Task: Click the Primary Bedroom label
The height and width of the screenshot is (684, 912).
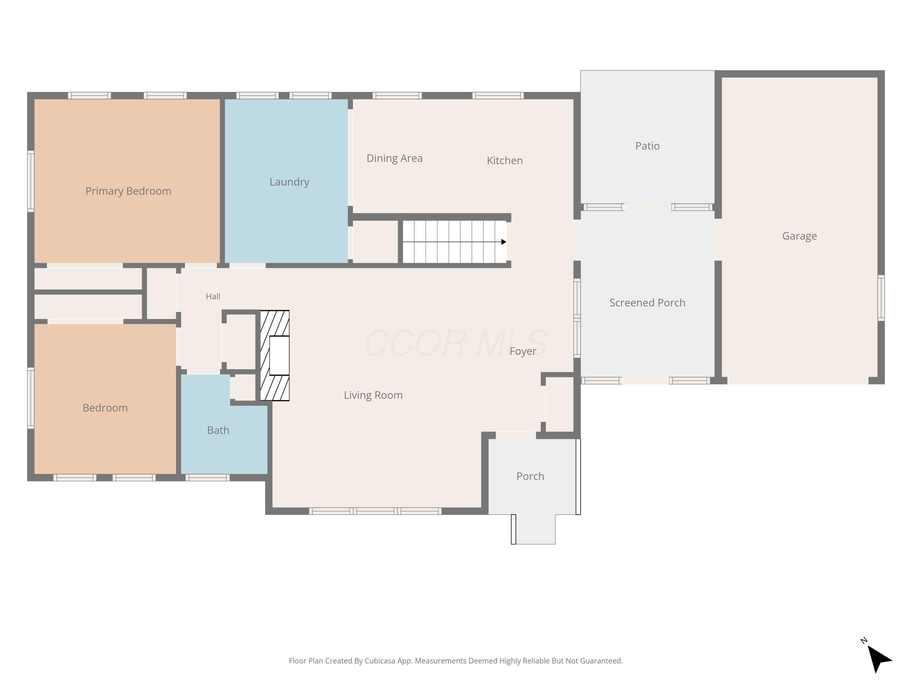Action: tap(128, 191)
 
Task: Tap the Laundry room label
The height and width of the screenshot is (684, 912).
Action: tap(289, 182)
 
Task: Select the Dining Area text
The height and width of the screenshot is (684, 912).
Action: tap(395, 158)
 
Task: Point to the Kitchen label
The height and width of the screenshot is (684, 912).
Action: tap(505, 161)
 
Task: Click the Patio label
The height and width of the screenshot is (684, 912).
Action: tap(647, 146)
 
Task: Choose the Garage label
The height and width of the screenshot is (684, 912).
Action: tap(800, 236)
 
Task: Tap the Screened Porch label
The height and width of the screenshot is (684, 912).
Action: tap(647, 302)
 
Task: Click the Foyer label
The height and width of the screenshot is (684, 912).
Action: tap(523, 351)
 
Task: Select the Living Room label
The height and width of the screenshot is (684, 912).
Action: tap(373, 395)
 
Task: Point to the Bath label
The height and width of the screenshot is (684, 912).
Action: tap(218, 430)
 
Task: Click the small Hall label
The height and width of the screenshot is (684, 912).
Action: tap(213, 296)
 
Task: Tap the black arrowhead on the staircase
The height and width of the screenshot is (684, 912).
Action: tap(503, 242)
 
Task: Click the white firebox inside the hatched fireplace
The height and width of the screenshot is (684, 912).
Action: tap(279, 355)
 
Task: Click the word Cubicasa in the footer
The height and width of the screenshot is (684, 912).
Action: tap(380, 661)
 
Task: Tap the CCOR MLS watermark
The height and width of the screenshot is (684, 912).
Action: tap(456, 343)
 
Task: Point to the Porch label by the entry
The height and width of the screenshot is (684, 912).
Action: tap(530, 476)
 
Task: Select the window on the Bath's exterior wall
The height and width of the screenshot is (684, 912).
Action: tap(207, 478)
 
